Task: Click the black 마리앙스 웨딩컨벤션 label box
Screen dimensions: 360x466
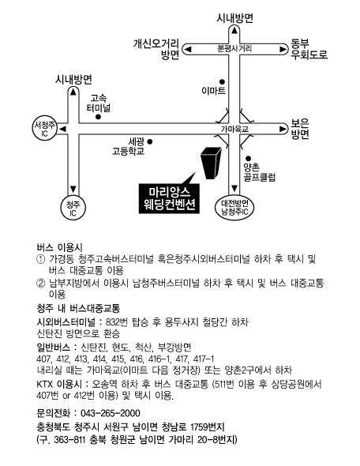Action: pyautogui.click(x=169, y=198)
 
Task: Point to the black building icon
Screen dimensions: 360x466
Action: pyautogui.click(x=212, y=163)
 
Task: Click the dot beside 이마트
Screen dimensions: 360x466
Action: pyautogui.click(x=222, y=81)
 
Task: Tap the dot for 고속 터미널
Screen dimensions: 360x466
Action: pyautogui.click(x=99, y=117)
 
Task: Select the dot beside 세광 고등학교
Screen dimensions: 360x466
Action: pyautogui.click(x=150, y=141)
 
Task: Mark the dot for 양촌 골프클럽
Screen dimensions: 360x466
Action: pyautogui.click(x=249, y=159)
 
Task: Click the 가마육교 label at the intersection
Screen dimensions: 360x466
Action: pyautogui.click(x=234, y=130)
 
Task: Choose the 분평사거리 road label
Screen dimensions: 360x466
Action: pyautogui.click(x=234, y=49)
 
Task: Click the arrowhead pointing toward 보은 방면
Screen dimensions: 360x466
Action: pyautogui.click(x=283, y=129)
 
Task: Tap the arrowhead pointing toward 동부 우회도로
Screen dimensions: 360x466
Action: pyautogui.click(x=283, y=49)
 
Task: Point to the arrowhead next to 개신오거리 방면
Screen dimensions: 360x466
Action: pyautogui.click(x=188, y=49)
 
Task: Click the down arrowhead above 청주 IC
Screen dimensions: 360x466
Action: pyautogui.click(x=73, y=190)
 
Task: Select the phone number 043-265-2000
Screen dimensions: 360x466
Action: pyautogui.click(x=111, y=413)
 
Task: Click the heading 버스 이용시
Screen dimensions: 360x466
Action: pyautogui.click(x=60, y=247)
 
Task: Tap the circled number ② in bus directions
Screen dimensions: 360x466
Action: pyautogui.click(x=40, y=283)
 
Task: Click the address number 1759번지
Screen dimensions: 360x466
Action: pyautogui.click(x=208, y=427)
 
